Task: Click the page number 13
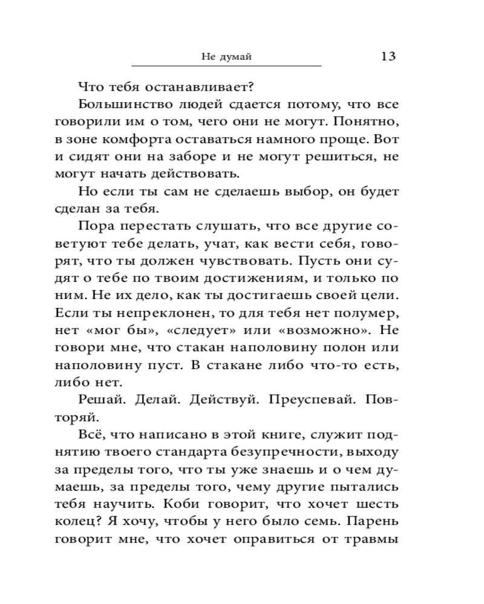pyautogui.click(x=388, y=56)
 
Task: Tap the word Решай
pyautogui.click(x=99, y=400)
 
